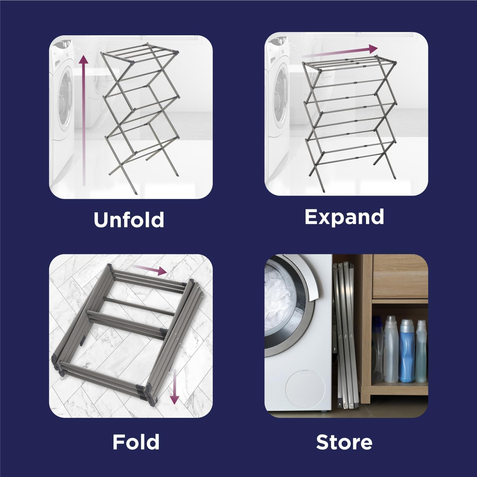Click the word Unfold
pyautogui.click(x=129, y=219)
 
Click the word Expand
pyautogui.click(x=344, y=217)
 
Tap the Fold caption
pyautogui.click(x=136, y=442)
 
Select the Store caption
pyautogui.click(x=344, y=442)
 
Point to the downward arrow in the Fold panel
pyautogui.click(x=174, y=386)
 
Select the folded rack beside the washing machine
pyautogui.click(x=345, y=334)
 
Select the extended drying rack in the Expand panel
pyautogui.click(x=350, y=118)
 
